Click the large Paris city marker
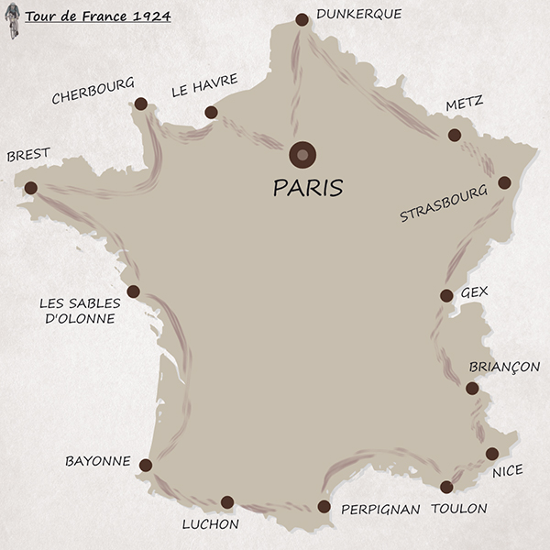click(302, 154)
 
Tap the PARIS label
click(308, 188)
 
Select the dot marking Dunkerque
click(302, 19)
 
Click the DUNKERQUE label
click(358, 14)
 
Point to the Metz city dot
click(455, 135)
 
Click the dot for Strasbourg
click(504, 182)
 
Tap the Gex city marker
click(446, 295)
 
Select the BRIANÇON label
click(504, 367)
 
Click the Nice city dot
click(492, 453)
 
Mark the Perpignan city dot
click(324, 506)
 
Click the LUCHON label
click(210, 524)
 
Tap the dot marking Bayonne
click(145, 465)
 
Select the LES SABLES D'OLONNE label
click(77, 311)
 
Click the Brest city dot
click(31, 188)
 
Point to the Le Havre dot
click(211, 113)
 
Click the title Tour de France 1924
click(97, 16)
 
